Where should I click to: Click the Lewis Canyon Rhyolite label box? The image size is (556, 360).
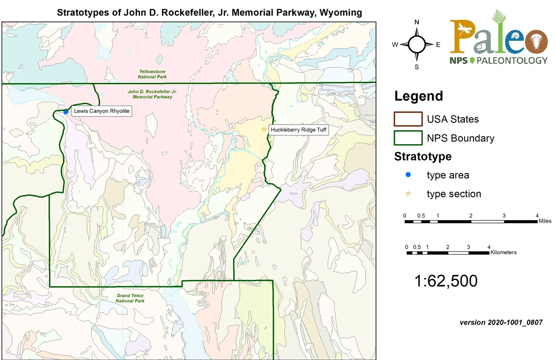[101, 111]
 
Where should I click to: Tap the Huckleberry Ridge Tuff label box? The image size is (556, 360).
[299, 129]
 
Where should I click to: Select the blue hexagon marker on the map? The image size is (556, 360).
[66, 112]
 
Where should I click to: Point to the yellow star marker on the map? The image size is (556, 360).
[264, 129]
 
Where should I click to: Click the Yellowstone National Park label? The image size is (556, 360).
[152, 74]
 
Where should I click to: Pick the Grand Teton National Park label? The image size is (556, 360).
[130, 298]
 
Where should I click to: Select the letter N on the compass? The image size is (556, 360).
[417, 22]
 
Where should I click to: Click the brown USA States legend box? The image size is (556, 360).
[408, 119]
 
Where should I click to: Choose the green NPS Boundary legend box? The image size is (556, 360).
[408, 138]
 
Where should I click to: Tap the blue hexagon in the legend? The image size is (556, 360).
[408, 175]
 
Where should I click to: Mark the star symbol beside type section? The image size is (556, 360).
[408, 194]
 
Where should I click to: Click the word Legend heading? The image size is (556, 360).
[419, 96]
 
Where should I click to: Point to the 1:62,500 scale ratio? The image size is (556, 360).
[446, 281]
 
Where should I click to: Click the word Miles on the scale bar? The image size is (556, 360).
[544, 221]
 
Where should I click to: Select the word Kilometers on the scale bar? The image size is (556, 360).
[503, 253]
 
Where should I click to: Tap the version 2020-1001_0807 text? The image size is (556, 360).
[501, 322]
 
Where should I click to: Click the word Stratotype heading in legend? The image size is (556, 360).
[423, 157]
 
